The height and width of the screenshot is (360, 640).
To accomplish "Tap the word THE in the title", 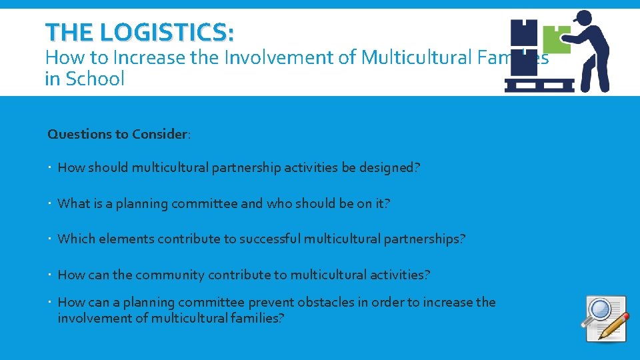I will (x=67, y=31).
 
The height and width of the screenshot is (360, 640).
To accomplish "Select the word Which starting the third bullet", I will (x=76, y=239).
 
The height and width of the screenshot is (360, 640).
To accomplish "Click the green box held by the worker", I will (x=556, y=39).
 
